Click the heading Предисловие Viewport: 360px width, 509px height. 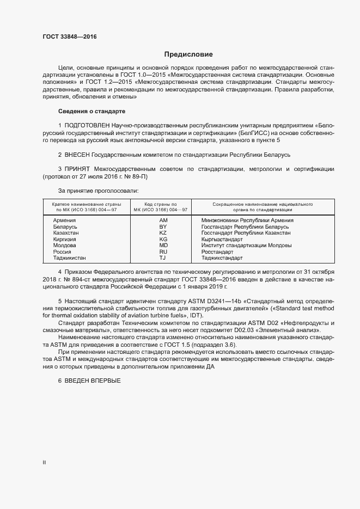point(188,54)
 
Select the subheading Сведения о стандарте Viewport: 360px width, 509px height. point(91,111)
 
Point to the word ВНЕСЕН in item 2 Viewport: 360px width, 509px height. point(77,155)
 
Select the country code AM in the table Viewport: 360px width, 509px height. point(163,220)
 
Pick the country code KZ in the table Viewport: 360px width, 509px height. point(163,233)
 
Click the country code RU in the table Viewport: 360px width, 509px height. point(163,252)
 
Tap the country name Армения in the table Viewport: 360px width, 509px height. point(64,220)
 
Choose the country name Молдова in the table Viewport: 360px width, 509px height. point(65,246)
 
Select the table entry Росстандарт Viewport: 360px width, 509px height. point(217,252)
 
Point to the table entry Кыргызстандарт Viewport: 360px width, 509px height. point(222,240)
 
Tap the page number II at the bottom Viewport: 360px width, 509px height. point(44,462)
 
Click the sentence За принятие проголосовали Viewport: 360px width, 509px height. point(98,191)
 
